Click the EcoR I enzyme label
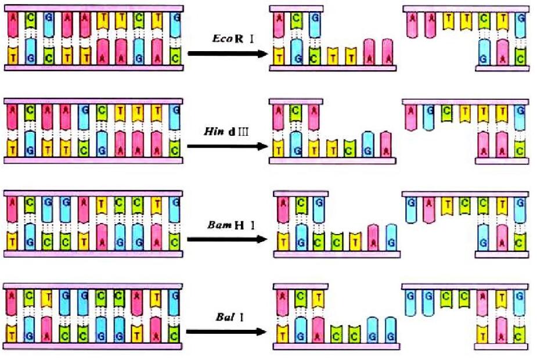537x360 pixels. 223,39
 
